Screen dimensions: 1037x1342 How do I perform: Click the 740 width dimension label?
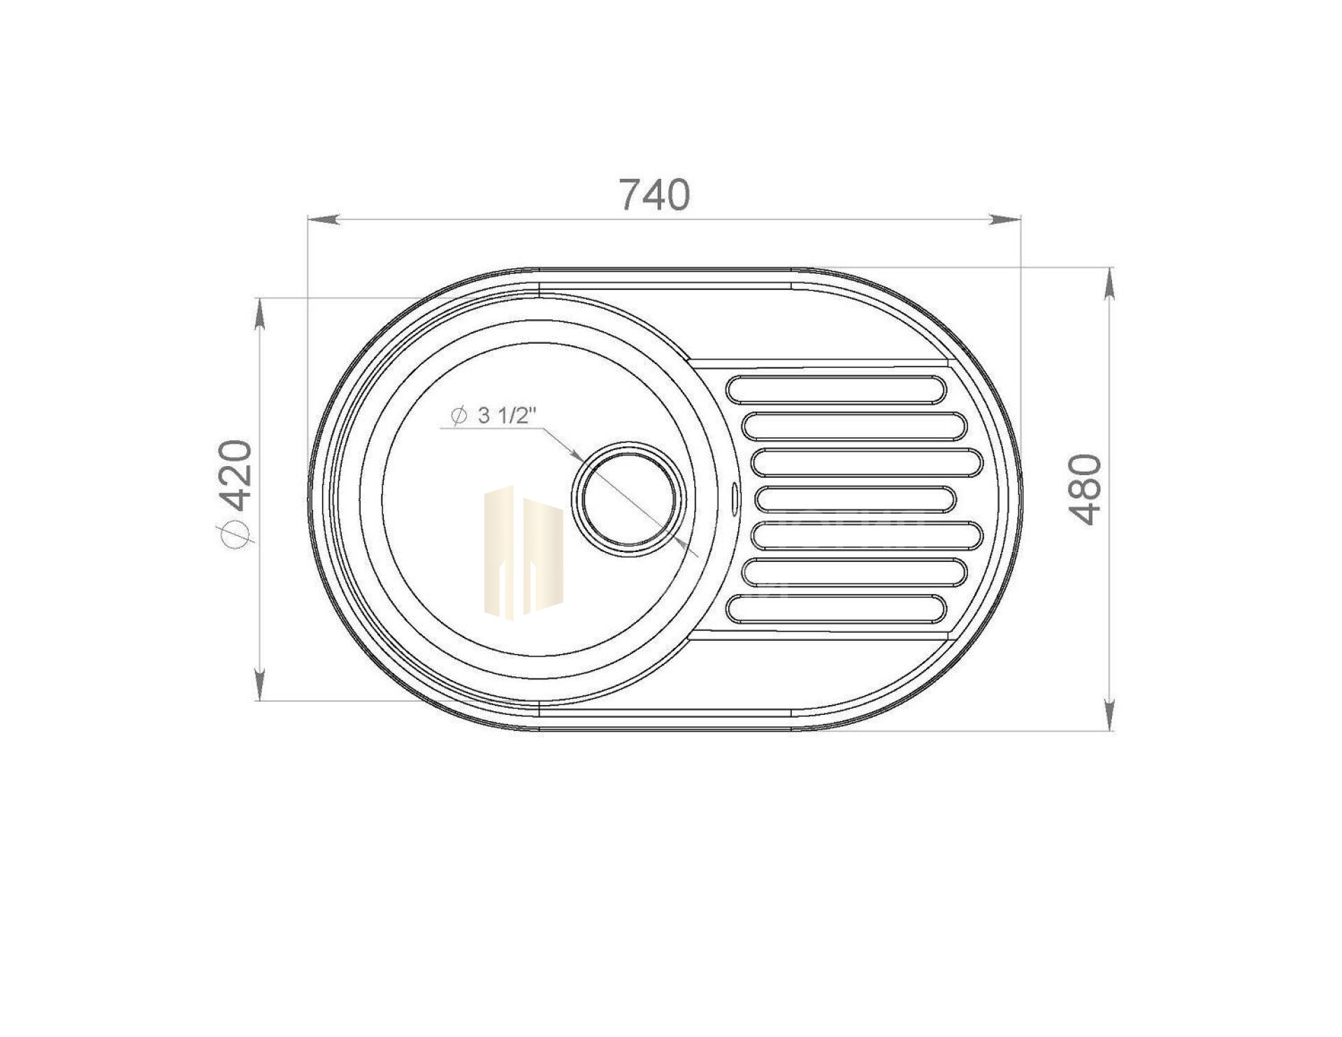coord(655,195)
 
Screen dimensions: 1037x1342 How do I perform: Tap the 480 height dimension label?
coord(1085,488)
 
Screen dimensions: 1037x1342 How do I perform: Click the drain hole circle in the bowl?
coord(626,498)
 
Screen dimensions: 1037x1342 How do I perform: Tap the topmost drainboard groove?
coord(837,390)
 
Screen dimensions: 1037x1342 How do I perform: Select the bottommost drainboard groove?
coord(837,608)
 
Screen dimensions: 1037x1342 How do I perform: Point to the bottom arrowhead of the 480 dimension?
coord(1109,716)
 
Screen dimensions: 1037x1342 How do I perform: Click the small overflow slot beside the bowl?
coord(734,498)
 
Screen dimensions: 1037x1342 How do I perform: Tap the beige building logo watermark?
coord(524,553)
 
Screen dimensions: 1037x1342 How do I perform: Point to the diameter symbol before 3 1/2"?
coord(459,416)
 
